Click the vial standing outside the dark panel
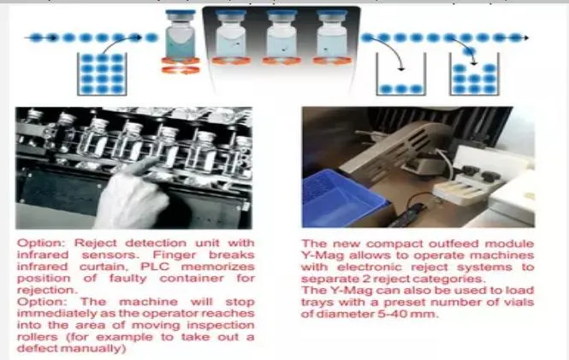[180, 35]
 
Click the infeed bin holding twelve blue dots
[102, 74]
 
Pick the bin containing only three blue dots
[400, 74]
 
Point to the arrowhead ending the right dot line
[525, 38]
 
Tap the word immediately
[55, 313]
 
